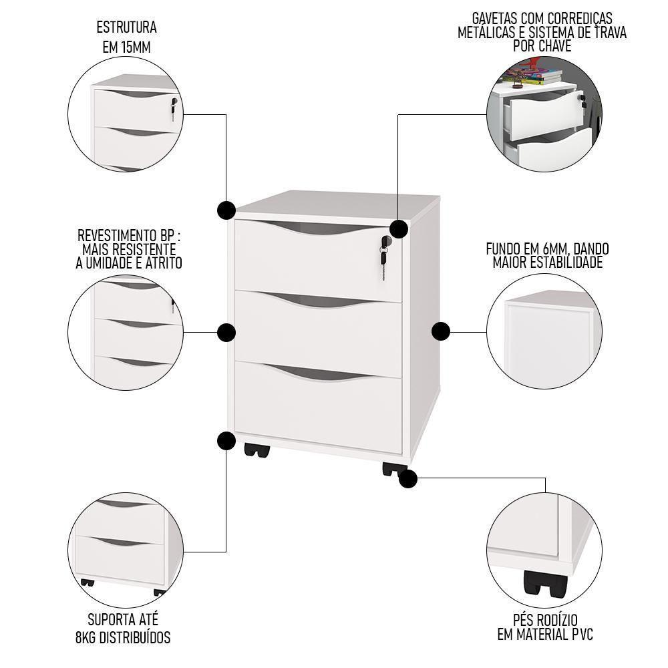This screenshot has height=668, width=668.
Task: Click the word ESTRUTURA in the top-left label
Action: click(127, 28)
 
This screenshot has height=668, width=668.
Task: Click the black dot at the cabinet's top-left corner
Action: click(226, 210)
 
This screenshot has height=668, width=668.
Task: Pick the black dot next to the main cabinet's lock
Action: click(399, 229)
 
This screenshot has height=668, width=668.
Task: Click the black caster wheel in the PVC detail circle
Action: click(544, 585)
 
